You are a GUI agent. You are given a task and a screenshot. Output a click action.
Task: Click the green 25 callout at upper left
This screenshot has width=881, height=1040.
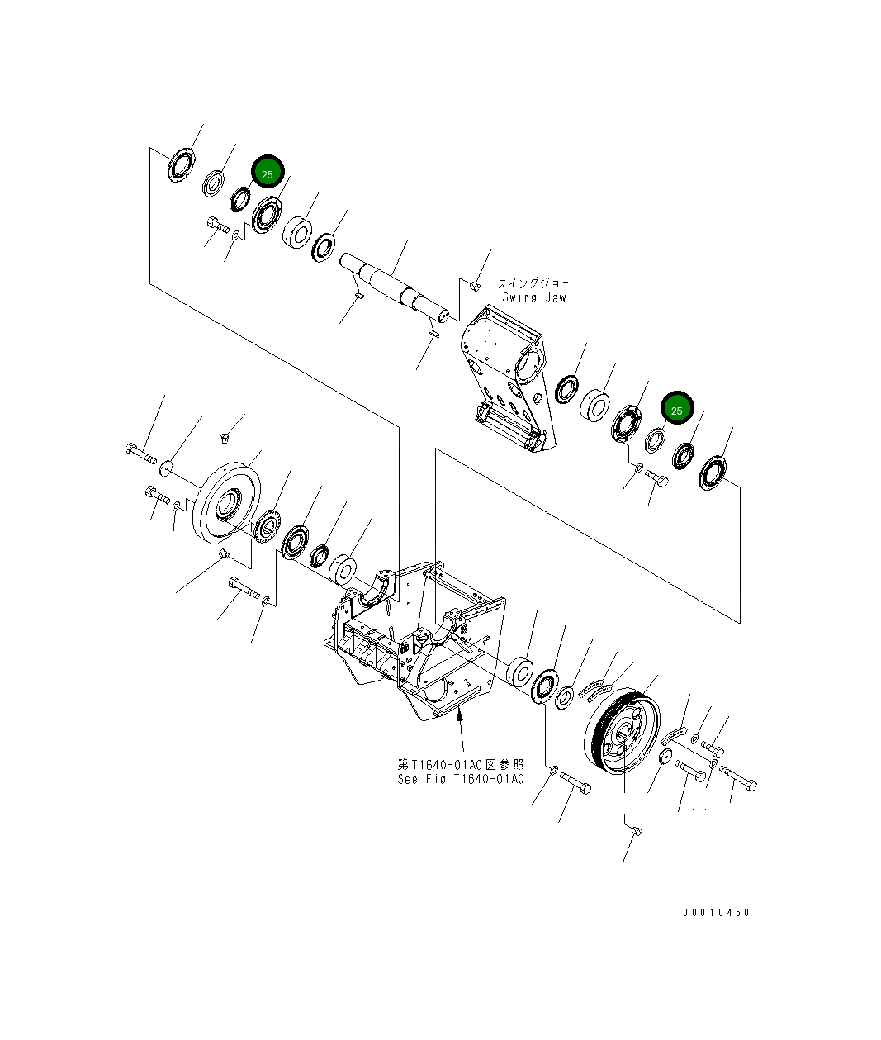pyautogui.click(x=267, y=173)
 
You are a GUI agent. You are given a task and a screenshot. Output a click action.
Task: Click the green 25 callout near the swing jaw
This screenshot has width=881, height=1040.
pyautogui.click(x=677, y=408)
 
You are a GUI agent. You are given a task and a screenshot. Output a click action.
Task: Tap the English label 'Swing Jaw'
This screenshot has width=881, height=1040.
pyautogui.click(x=534, y=297)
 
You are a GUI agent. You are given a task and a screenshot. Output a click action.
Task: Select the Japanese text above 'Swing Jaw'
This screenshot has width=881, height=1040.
pyautogui.click(x=533, y=283)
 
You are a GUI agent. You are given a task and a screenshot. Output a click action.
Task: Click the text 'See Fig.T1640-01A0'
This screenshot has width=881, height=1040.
pyautogui.click(x=460, y=779)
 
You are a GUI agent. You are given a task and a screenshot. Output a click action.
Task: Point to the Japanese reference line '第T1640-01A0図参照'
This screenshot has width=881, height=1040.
pyautogui.click(x=460, y=764)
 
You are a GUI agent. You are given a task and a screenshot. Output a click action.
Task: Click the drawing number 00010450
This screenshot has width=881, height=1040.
pyautogui.click(x=716, y=913)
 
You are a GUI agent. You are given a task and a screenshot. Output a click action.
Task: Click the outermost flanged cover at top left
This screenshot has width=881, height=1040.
pyautogui.click(x=179, y=164)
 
